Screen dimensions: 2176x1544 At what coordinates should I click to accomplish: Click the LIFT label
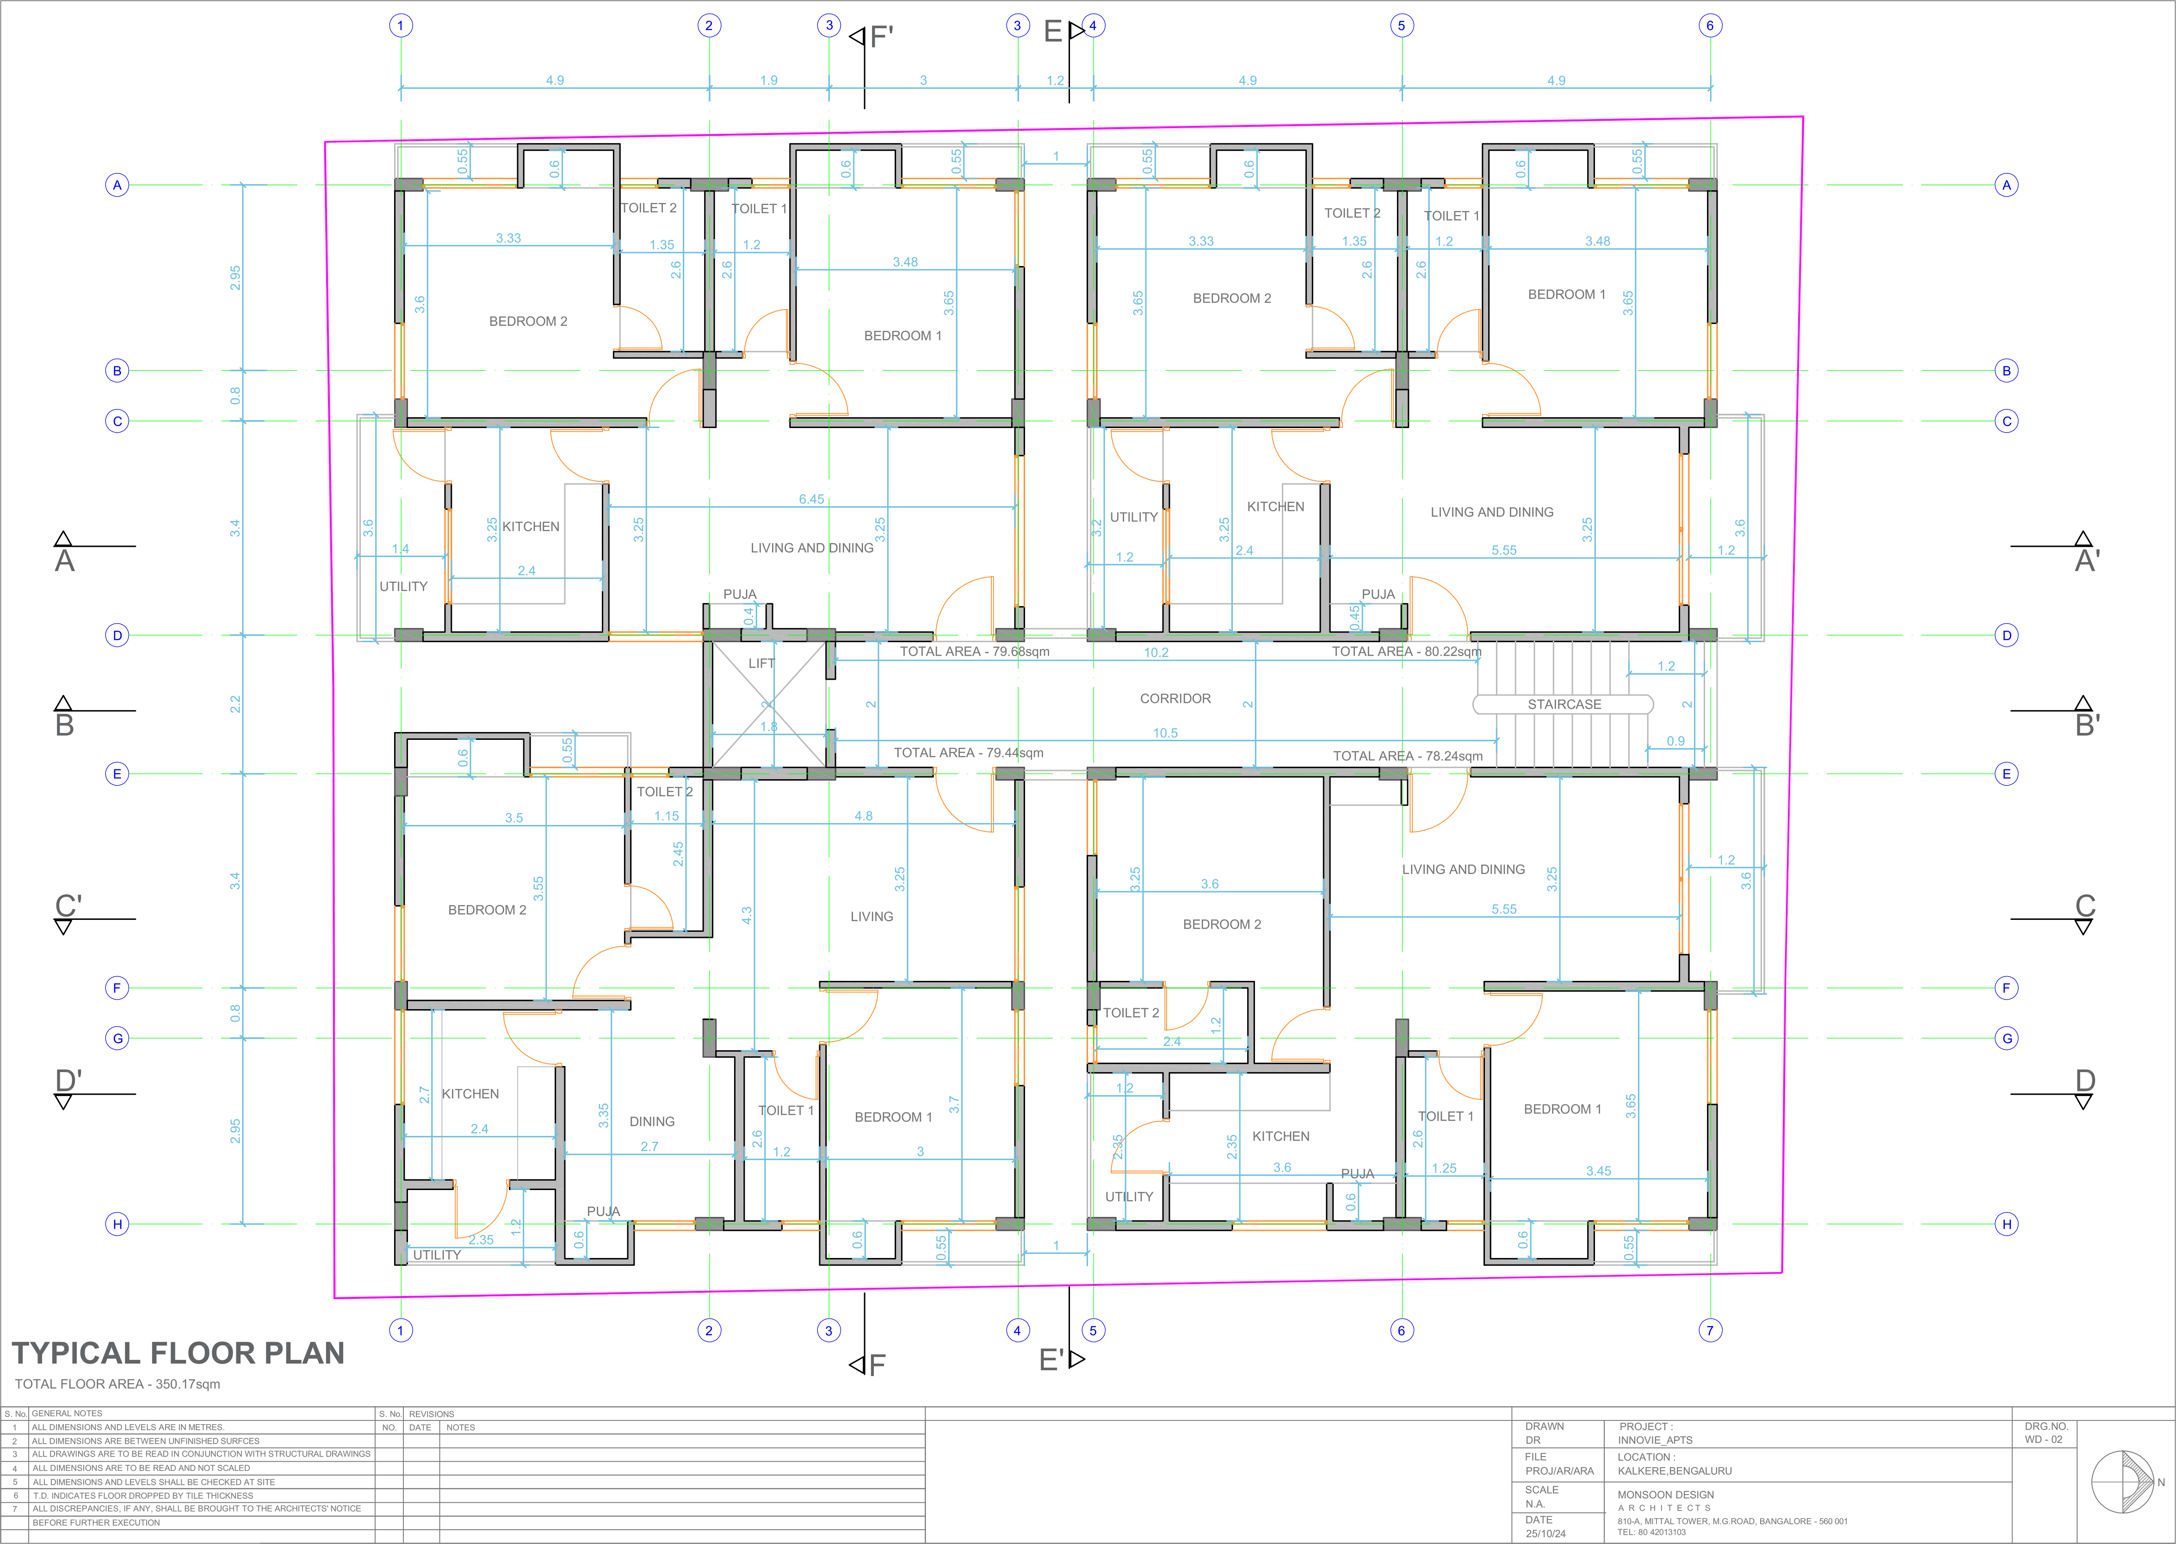(761, 663)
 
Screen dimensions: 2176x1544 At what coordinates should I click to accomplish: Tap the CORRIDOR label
(1175, 699)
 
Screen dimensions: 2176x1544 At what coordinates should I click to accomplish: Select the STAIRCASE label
(1564, 705)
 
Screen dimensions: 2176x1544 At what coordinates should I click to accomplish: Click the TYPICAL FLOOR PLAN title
(178, 1353)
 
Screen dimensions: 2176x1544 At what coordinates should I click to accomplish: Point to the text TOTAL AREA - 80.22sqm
(1406, 651)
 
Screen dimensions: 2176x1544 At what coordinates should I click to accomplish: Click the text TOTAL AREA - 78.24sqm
(1407, 756)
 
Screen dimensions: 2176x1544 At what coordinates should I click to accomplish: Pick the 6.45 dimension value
(811, 499)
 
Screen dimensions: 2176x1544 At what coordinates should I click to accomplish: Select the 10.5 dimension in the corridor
(1165, 733)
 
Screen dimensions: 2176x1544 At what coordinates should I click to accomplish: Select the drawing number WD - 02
(2043, 1439)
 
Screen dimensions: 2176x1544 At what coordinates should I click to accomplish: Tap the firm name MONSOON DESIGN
(1665, 1494)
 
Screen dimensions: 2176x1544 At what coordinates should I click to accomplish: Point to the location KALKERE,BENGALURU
(1674, 1471)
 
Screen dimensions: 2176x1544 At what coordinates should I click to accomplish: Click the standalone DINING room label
(652, 1122)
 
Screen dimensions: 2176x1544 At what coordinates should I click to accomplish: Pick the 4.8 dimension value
(863, 816)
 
